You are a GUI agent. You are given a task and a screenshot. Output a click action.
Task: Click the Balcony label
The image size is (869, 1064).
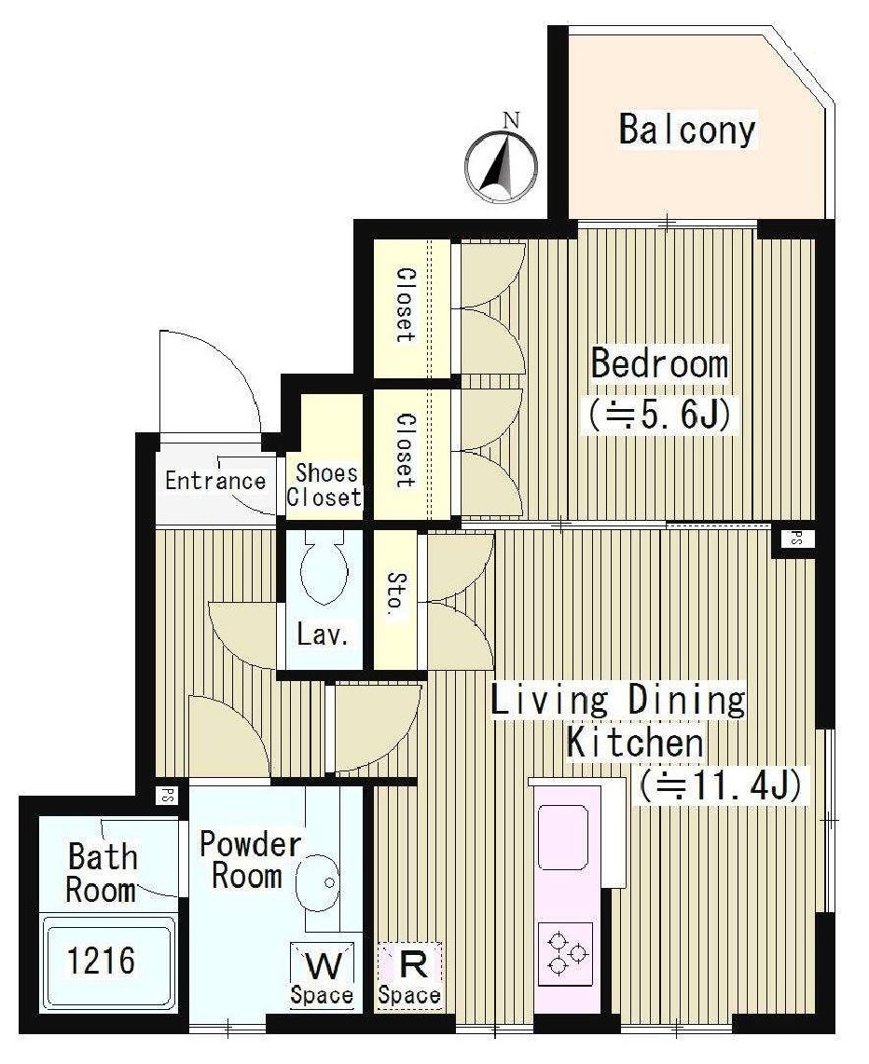686,130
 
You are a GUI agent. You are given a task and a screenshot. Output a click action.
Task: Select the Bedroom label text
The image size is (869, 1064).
659,363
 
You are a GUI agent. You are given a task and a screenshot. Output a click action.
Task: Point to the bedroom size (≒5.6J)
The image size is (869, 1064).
660,414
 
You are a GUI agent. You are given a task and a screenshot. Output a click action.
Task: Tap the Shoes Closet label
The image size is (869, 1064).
324,485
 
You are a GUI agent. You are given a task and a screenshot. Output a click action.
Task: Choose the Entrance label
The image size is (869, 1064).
215,481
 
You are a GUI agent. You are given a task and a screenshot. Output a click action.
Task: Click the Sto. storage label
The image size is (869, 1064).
397,594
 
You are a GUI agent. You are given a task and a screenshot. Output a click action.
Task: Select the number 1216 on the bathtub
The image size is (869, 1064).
101,961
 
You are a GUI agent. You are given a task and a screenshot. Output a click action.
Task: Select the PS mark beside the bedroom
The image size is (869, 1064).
794,539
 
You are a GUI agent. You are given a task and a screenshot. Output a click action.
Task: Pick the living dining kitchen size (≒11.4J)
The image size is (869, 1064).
722,785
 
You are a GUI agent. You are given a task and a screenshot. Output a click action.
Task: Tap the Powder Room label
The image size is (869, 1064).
248,860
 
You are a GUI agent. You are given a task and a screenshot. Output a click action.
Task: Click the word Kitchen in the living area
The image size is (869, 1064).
636,743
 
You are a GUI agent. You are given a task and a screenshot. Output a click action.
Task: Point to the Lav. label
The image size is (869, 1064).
324,635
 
